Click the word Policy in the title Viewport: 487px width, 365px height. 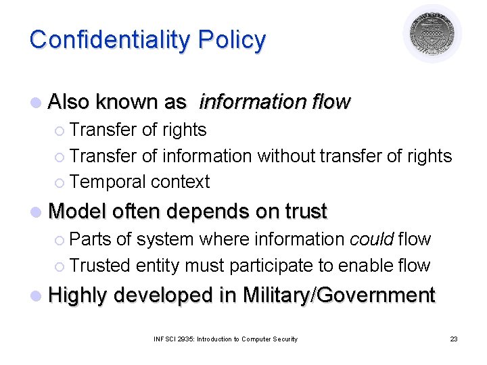[x=232, y=40]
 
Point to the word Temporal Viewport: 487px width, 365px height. [x=108, y=182]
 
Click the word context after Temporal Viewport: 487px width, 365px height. [x=181, y=182]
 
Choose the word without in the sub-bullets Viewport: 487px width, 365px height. [x=284, y=155]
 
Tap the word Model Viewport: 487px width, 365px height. [x=78, y=212]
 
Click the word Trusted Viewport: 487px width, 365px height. [x=100, y=266]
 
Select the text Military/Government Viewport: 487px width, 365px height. [x=338, y=295]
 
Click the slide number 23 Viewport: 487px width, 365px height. [x=453, y=339]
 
